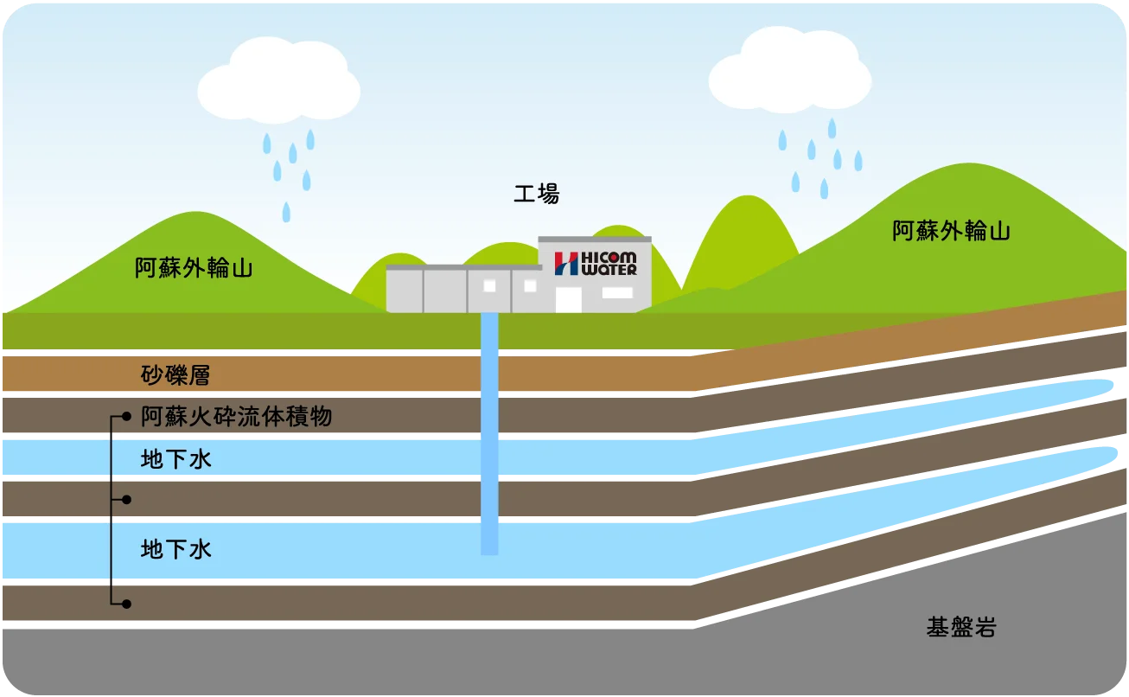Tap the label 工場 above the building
click(537, 195)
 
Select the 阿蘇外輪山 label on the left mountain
click(194, 268)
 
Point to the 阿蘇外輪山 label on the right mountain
click(952, 232)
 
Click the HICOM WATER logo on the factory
click(596, 263)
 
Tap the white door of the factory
click(568, 299)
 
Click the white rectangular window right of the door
click(617, 293)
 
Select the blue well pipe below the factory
click(489, 432)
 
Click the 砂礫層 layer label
click(175, 375)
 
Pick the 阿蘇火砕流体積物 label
click(236, 418)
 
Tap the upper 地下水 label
click(175, 460)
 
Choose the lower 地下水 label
click(175, 549)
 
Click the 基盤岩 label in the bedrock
click(961, 628)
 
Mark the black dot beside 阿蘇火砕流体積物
click(127, 418)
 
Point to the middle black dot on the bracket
click(127, 500)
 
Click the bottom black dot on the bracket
click(127, 603)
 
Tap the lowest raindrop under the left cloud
click(286, 212)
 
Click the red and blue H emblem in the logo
click(566, 264)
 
